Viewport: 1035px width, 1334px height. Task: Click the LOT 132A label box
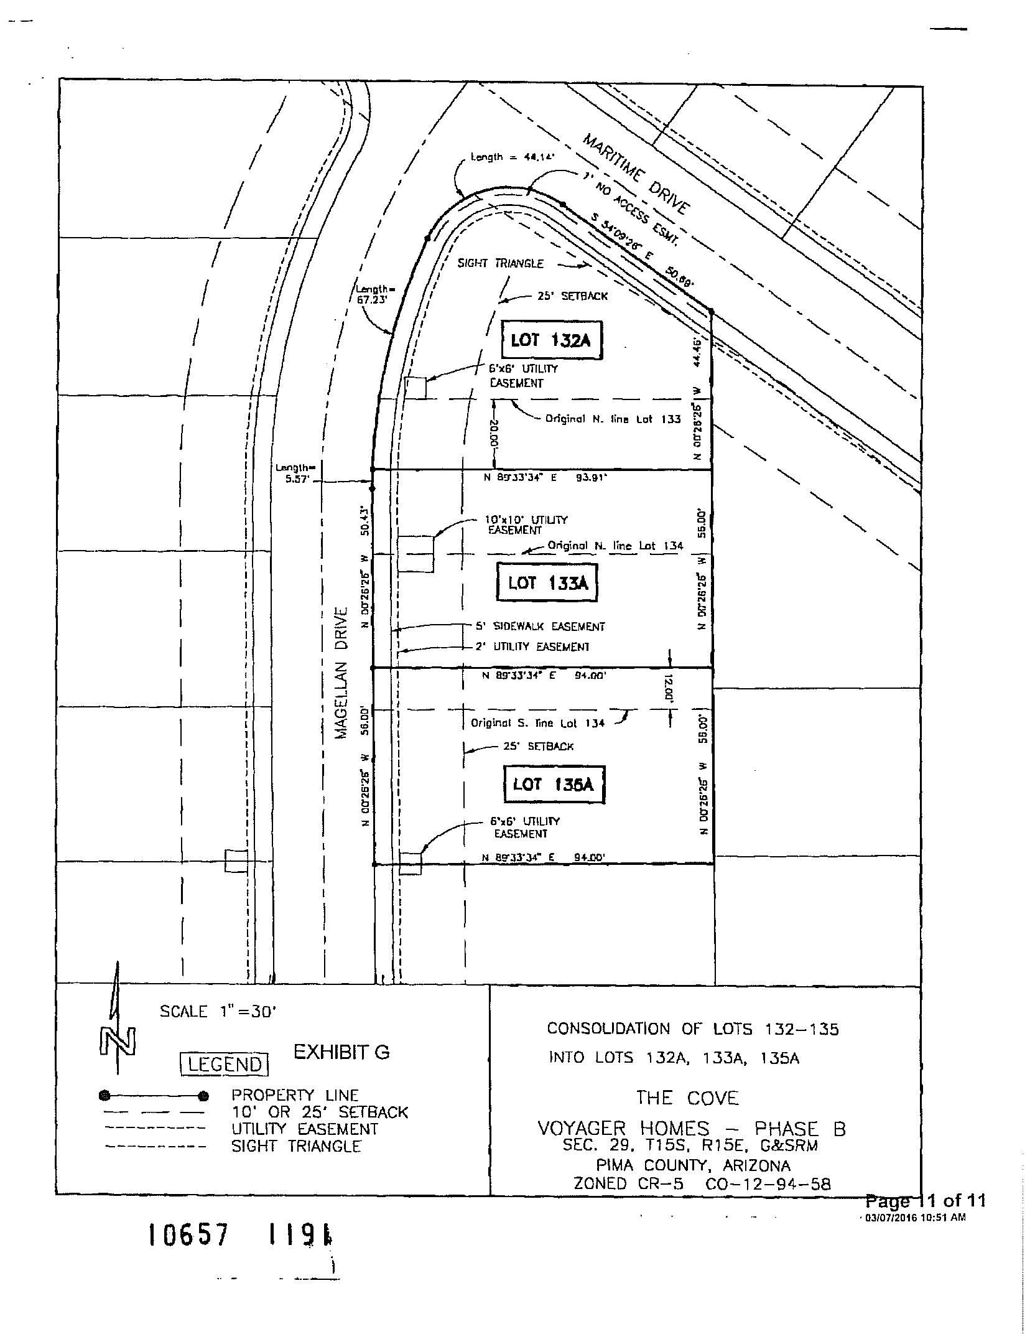[552, 340]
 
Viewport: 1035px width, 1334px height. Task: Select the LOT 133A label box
[547, 583]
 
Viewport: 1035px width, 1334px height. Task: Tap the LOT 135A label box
[553, 785]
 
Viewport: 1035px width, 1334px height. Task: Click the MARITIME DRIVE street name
[636, 174]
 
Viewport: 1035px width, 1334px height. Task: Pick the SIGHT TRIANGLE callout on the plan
[500, 263]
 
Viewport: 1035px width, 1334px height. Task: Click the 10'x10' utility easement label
[526, 525]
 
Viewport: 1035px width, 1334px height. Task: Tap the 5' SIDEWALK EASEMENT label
[540, 627]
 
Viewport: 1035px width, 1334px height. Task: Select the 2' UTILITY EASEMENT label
[532, 646]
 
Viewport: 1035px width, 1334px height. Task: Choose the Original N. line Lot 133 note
[613, 419]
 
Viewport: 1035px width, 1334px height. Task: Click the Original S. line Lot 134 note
[537, 723]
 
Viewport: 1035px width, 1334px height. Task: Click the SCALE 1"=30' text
[218, 1012]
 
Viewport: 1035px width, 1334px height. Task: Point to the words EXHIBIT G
[341, 1052]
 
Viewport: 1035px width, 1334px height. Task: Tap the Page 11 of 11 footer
[925, 1200]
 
